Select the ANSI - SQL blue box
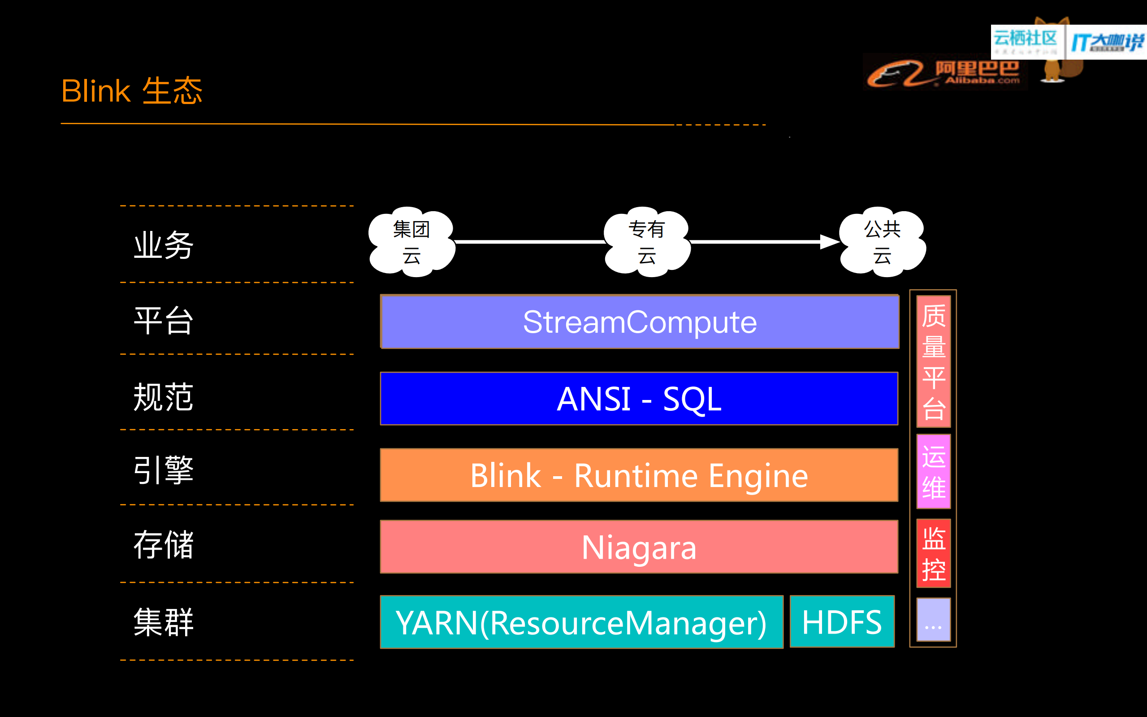(x=639, y=399)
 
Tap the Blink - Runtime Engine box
(x=639, y=475)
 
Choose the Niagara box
(x=639, y=547)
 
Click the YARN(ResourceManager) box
(x=581, y=622)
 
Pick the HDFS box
(x=842, y=621)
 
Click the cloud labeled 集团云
(x=411, y=242)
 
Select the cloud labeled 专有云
(x=646, y=242)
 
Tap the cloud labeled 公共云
(x=882, y=242)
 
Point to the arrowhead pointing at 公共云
(x=830, y=242)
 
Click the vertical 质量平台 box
(x=933, y=361)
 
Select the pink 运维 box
(x=933, y=471)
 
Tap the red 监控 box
(x=933, y=553)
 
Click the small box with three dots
(x=933, y=620)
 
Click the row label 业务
(x=164, y=245)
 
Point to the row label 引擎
(x=164, y=470)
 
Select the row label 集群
(x=164, y=622)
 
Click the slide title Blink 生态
(x=132, y=91)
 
